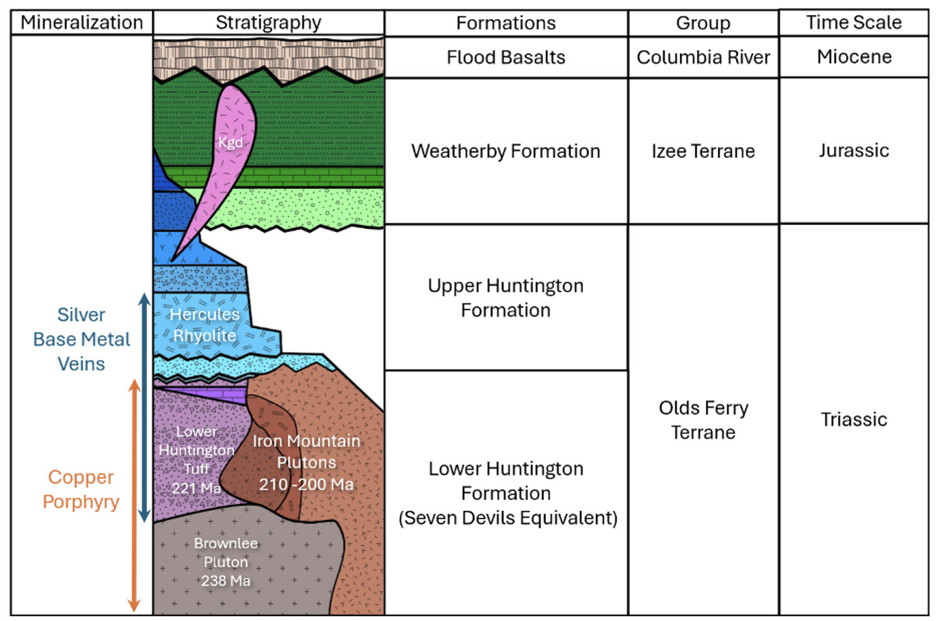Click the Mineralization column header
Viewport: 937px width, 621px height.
(x=81, y=23)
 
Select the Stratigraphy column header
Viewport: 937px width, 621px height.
(x=268, y=23)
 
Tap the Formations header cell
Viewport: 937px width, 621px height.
(x=505, y=23)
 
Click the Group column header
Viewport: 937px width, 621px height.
(x=703, y=23)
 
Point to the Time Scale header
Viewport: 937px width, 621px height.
(x=854, y=23)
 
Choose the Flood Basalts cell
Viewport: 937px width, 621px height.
(x=505, y=57)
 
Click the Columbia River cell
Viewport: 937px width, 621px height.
(x=703, y=57)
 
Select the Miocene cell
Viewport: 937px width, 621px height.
(x=854, y=57)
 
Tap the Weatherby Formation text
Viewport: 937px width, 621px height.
(x=505, y=151)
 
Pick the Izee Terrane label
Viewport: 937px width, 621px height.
(x=703, y=151)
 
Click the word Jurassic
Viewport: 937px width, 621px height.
(x=854, y=150)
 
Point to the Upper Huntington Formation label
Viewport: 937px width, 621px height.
(x=505, y=298)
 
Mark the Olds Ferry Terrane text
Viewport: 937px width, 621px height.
(x=703, y=420)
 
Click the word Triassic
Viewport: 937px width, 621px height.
(x=854, y=419)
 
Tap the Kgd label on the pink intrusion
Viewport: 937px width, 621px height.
(x=230, y=142)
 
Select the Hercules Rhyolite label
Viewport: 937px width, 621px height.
(x=204, y=325)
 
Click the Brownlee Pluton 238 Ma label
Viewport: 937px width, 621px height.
(x=226, y=561)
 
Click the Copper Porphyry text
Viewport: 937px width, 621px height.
(x=81, y=489)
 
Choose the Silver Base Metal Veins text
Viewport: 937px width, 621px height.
(x=81, y=339)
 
